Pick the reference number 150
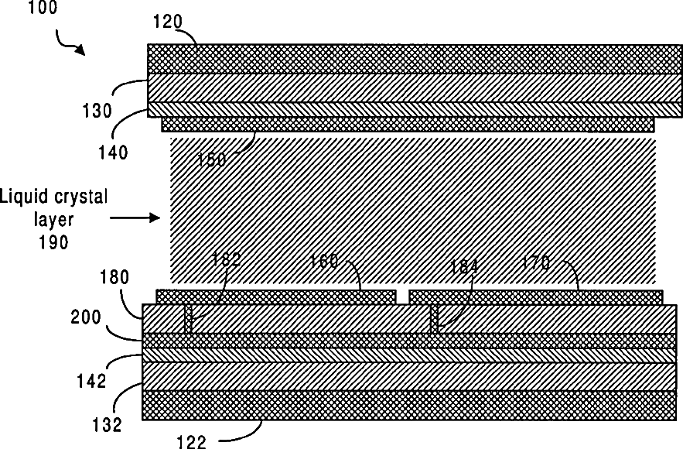coord(211,160)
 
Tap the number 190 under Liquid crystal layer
coord(54,242)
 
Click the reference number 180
coord(115,276)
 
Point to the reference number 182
coord(227,260)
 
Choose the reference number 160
coord(325,261)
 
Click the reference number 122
coord(191,442)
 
